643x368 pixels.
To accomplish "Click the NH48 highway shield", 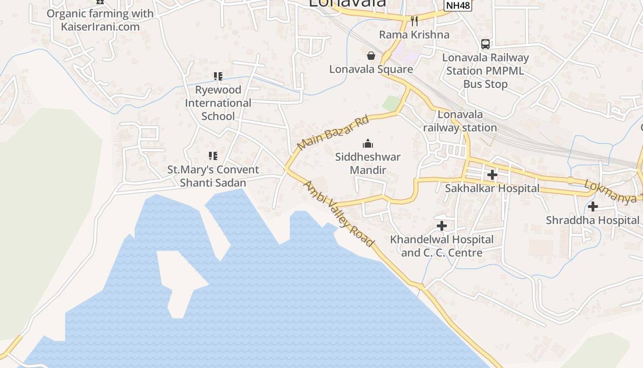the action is click(458, 6).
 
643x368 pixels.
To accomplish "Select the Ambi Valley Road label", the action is click(339, 214).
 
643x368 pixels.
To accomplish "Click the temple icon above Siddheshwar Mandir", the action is click(368, 144).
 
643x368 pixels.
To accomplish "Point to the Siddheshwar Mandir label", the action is click(367, 163).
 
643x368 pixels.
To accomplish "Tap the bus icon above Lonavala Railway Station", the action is click(485, 44).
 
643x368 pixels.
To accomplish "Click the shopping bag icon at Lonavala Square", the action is click(371, 56).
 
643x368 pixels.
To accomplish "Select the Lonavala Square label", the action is click(371, 69).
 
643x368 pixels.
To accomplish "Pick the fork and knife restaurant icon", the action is click(414, 21).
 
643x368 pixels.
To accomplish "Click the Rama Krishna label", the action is click(414, 34).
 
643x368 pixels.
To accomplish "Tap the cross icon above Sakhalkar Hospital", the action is click(492, 175).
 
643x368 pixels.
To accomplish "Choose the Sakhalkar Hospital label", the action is click(492, 188).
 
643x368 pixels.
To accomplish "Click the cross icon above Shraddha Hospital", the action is click(593, 207).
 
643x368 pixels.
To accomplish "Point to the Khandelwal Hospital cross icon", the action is click(442, 226).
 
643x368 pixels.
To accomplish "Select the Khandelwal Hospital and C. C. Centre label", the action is click(442, 246).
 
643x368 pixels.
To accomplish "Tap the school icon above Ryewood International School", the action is click(218, 76).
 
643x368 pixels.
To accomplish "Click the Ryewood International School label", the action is click(218, 103).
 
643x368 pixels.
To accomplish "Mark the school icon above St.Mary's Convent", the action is click(213, 156).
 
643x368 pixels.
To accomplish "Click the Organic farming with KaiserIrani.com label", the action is click(100, 20).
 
